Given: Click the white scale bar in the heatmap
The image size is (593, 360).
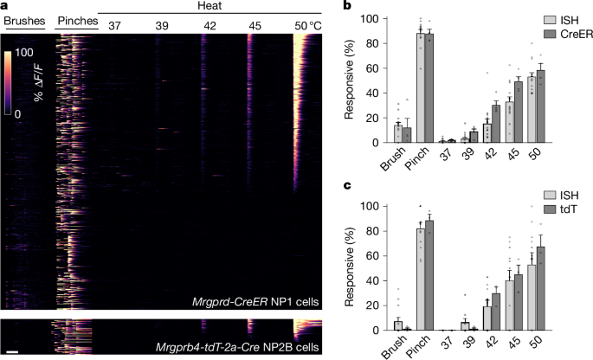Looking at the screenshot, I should click(x=13, y=351).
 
